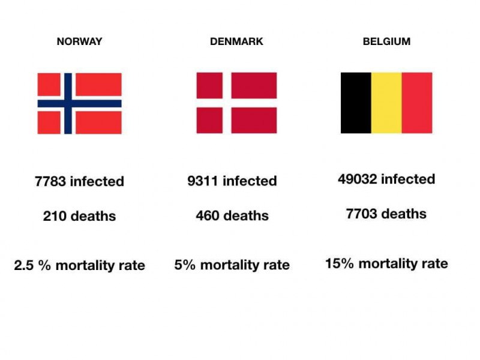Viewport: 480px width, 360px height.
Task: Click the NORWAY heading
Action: (x=79, y=42)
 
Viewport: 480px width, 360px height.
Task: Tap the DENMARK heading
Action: (x=236, y=42)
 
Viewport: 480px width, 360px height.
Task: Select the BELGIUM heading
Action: (x=386, y=42)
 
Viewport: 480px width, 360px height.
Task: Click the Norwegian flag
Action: (x=79, y=103)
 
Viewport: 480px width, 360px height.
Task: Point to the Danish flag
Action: (x=236, y=103)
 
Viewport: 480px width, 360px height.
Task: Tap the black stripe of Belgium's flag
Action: (x=356, y=103)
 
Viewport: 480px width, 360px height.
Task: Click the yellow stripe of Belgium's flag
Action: (x=386, y=103)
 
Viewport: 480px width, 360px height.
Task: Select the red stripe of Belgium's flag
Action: (x=417, y=103)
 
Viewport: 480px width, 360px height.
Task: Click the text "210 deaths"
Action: (x=80, y=216)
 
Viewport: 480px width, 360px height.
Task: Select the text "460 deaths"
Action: (x=232, y=216)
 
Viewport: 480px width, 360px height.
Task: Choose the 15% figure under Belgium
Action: (x=338, y=263)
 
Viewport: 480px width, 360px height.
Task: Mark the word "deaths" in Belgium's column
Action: (x=404, y=214)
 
